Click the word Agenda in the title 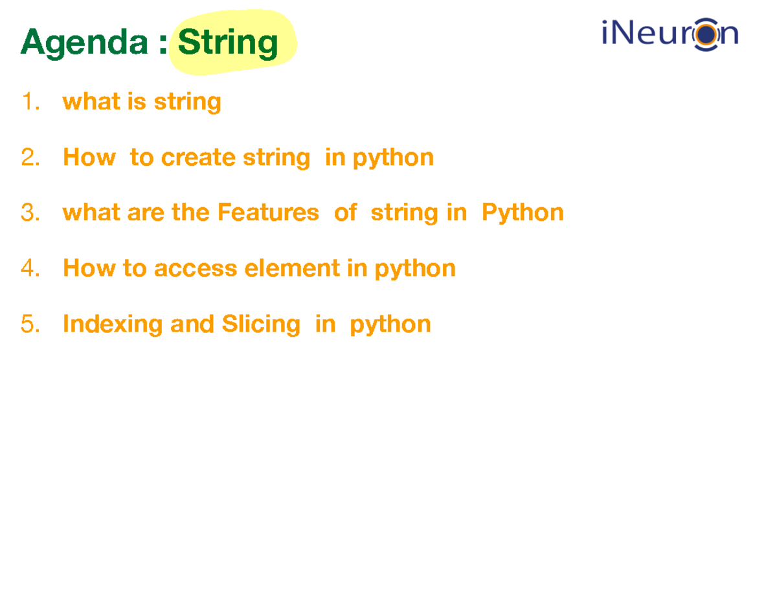[x=84, y=43]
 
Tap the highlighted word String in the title [x=228, y=43]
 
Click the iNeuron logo [x=670, y=34]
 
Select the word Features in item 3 [x=268, y=212]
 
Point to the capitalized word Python [x=523, y=213]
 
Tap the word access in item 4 [x=196, y=268]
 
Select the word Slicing [x=261, y=324]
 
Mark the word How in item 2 [x=89, y=157]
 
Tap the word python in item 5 [x=390, y=324]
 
